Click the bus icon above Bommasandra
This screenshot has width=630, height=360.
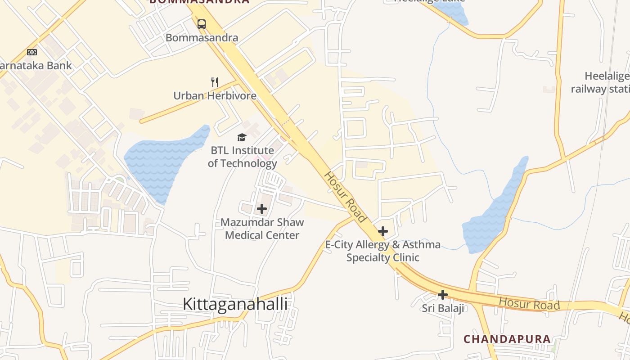pos(202,24)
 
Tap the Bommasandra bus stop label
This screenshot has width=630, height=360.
pos(202,37)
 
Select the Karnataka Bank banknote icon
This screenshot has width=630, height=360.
pos(31,52)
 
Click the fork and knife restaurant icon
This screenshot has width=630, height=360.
pos(215,82)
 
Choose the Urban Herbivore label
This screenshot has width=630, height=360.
pos(215,95)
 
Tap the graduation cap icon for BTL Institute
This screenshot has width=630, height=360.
pos(242,137)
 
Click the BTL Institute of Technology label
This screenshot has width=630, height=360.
pos(242,157)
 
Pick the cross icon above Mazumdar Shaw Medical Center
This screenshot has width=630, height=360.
pos(261,209)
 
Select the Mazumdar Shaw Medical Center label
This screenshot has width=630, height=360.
pos(262,229)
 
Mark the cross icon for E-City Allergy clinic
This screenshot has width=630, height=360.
pos(382,231)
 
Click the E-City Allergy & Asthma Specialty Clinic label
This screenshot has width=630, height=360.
pos(382,251)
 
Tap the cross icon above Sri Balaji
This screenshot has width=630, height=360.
pos(443,295)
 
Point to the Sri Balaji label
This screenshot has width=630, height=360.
pos(443,308)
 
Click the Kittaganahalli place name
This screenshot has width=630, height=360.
pos(235,304)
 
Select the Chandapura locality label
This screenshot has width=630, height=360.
pos(507,339)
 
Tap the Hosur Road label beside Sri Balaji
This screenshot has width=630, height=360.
pos(529,304)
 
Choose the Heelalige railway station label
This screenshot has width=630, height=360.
pos(601,82)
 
